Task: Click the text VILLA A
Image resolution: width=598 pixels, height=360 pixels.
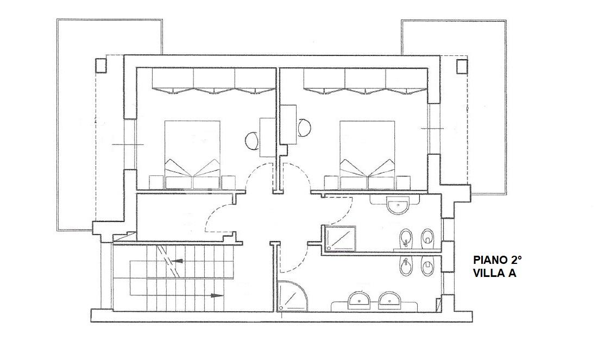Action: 495,273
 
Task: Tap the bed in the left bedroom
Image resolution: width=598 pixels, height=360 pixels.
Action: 193,155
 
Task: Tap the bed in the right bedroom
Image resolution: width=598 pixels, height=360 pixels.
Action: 367,155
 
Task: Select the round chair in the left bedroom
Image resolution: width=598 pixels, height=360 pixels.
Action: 251,141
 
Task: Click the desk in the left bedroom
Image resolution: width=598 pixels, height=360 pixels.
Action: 267,137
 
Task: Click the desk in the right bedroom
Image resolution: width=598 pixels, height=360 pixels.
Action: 288,124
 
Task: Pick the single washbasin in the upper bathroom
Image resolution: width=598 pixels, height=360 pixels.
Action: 398,206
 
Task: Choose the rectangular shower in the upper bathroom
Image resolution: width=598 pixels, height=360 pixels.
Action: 339,239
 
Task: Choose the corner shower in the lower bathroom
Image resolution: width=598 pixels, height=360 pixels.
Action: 293,295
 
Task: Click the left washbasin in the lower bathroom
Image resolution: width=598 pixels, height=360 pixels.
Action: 359,300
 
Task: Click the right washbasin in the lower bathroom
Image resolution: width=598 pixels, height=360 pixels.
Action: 390,300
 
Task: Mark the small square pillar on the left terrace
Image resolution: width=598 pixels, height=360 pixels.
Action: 100,66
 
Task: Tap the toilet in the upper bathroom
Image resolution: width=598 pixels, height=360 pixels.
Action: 428,238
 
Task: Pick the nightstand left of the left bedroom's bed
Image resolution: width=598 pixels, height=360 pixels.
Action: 156,182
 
